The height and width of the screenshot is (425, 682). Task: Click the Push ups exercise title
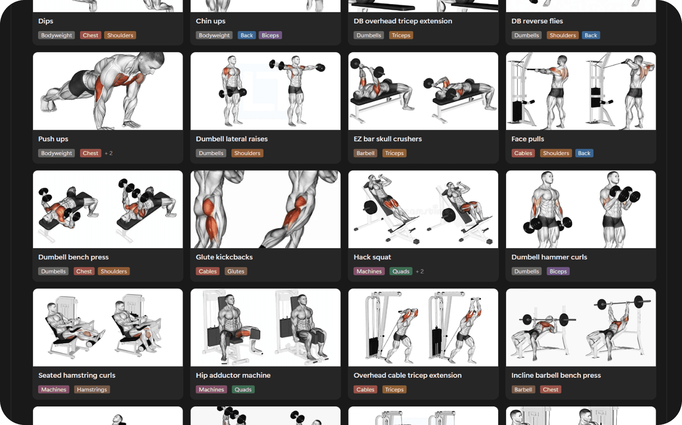pyautogui.click(x=53, y=139)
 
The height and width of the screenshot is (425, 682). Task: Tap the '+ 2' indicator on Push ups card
pyautogui.click(x=109, y=153)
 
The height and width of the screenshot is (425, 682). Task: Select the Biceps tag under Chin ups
pyautogui.click(x=270, y=35)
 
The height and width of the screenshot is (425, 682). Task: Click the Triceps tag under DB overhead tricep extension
pyautogui.click(x=401, y=35)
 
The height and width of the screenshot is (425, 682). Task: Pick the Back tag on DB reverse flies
pyautogui.click(x=591, y=35)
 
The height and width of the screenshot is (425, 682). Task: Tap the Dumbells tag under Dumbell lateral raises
pyautogui.click(x=211, y=153)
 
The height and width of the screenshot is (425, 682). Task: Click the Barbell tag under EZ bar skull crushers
pyautogui.click(x=366, y=153)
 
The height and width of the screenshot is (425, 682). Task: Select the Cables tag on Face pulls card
pyautogui.click(x=523, y=153)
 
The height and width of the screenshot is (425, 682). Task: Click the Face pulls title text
pyautogui.click(x=528, y=139)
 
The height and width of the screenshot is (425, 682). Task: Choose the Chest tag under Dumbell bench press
pyautogui.click(x=84, y=271)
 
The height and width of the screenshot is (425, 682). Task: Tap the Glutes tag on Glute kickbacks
pyautogui.click(x=236, y=271)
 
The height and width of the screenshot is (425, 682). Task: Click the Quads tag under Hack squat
pyautogui.click(x=401, y=271)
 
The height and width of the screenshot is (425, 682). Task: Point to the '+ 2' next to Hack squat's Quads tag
pyautogui.click(x=420, y=271)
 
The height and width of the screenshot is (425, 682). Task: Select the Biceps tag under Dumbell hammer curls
pyautogui.click(x=558, y=271)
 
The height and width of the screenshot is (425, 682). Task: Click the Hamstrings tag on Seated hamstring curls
pyautogui.click(x=92, y=389)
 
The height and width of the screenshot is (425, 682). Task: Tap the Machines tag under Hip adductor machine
pyautogui.click(x=212, y=389)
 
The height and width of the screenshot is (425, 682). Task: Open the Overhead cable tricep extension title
pyautogui.click(x=407, y=375)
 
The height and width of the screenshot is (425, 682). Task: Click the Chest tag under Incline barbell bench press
pyautogui.click(x=551, y=389)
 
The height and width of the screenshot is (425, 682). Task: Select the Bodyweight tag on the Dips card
pyautogui.click(x=57, y=35)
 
